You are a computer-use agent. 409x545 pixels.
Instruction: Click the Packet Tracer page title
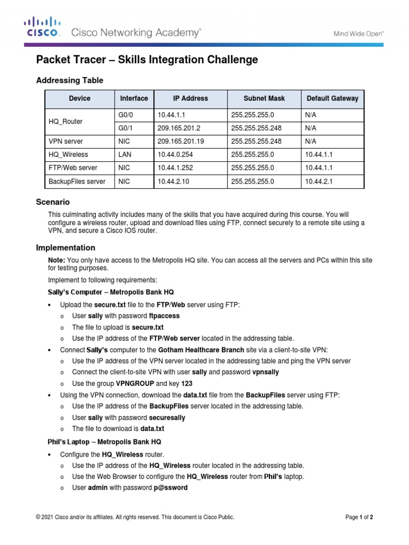(147, 60)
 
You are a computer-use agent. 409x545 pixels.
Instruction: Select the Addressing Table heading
(69, 80)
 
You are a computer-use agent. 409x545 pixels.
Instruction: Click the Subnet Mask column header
(264, 98)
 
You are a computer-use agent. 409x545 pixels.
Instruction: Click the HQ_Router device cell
(66, 121)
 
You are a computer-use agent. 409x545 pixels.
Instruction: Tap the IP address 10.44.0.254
(175, 155)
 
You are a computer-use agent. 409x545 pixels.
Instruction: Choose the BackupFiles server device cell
(77, 181)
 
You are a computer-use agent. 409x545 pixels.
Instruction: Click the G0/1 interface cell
(126, 128)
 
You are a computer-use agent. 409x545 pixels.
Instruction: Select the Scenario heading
(53, 202)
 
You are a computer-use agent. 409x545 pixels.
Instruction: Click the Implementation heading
(66, 247)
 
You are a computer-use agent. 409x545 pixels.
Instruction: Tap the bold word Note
(56, 260)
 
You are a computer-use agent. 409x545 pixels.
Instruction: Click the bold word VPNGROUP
(135, 383)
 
